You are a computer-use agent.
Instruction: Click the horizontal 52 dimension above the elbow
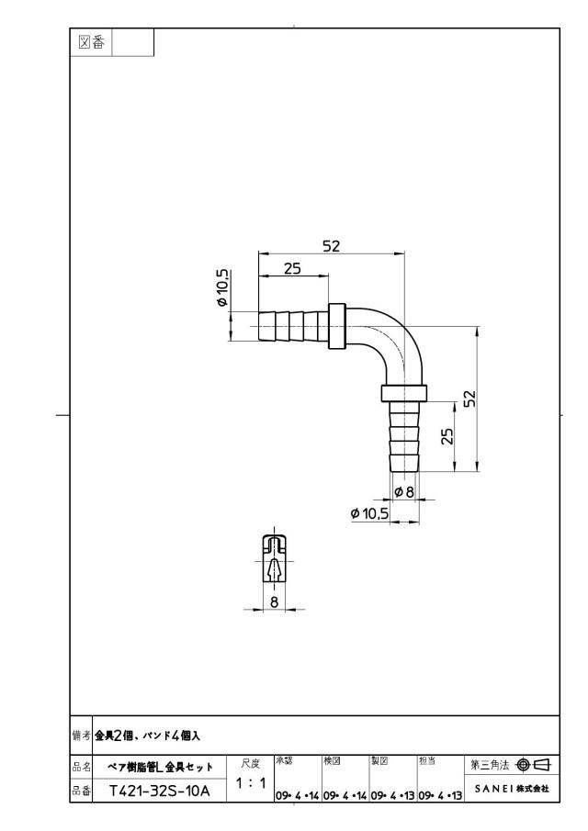point(331,246)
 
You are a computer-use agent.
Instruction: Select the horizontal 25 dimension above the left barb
point(292,268)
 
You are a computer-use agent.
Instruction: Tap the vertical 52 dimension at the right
point(469,398)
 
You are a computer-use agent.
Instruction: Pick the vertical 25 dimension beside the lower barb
point(447,435)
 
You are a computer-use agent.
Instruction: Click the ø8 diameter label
point(404,492)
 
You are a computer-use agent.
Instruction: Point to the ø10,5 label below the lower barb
point(369,513)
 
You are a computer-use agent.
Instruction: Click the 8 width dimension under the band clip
point(274,601)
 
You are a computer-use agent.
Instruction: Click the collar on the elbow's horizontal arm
point(337,326)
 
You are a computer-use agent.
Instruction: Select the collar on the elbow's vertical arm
point(403,393)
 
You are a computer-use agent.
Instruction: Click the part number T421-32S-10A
point(160,792)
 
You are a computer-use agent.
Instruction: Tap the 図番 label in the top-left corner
point(91,42)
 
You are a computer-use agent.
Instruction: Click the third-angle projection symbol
point(532,765)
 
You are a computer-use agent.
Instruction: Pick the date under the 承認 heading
point(297,796)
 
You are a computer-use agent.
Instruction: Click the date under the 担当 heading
point(440,796)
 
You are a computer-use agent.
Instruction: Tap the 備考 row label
point(81,736)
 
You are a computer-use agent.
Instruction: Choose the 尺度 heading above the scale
point(250,764)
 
